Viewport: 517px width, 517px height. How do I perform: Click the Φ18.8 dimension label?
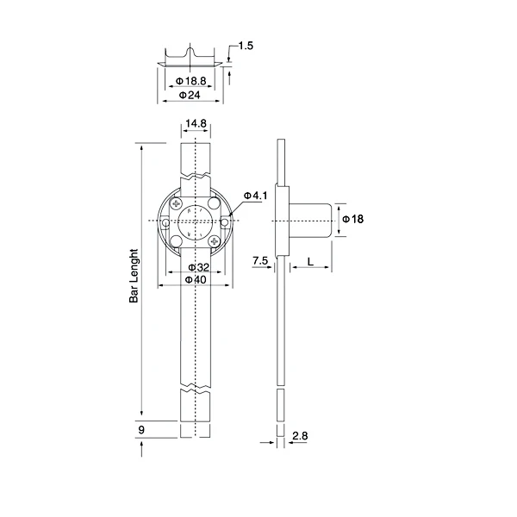(191, 81)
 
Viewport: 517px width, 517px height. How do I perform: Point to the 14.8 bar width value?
(196, 124)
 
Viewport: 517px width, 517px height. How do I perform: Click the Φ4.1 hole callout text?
(256, 196)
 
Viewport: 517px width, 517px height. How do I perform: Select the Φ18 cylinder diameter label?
(353, 219)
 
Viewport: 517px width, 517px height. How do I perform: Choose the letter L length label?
(308, 259)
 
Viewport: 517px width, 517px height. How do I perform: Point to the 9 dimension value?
(141, 428)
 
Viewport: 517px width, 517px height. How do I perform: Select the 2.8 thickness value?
(301, 437)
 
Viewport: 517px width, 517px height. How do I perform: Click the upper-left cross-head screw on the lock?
(176, 204)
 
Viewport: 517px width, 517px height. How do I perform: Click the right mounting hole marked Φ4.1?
(225, 222)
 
